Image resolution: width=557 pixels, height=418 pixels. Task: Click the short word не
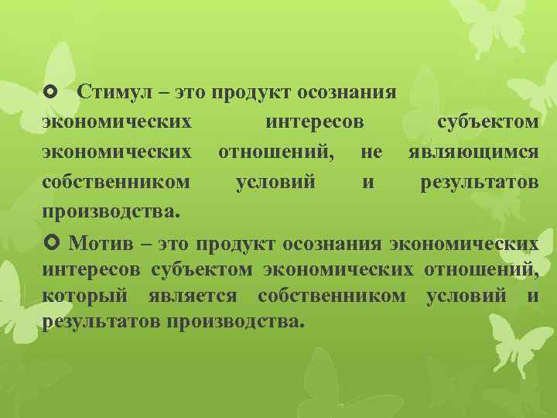point(371,153)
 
